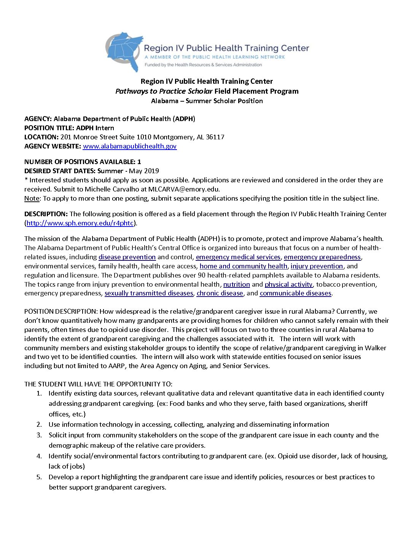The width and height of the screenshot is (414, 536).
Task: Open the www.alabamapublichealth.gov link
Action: pyautogui.click(x=129, y=146)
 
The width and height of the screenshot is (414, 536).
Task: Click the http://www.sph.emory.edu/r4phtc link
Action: pyautogui.click(x=80, y=223)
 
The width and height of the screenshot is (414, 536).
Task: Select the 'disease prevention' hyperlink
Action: pyautogui.click(x=127, y=257)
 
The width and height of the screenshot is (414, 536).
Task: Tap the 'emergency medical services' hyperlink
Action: pyautogui.click(x=238, y=257)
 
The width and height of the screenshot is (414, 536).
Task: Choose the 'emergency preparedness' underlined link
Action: pyautogui.click(x=322, y=257)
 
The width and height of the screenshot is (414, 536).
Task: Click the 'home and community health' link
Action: pyautogui.click(x=243, y=266)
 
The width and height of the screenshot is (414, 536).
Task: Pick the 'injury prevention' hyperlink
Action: pyautogui.click(x=317, y=266)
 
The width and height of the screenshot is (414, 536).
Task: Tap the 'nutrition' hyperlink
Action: pyautogui.click(x=236, y=284)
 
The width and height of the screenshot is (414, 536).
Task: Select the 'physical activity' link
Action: pyautogui.click(x=288, y=284)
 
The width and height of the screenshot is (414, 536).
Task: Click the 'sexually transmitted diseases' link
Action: pyautogui.click(x=149, y=293)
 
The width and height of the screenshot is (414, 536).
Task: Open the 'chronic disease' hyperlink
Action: pyautogui.click(x=220, y=293)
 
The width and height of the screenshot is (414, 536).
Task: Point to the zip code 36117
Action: pyautogui.click(x=215, y=137)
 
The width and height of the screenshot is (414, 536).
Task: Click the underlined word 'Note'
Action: pyautogui.click(x=32, y=198)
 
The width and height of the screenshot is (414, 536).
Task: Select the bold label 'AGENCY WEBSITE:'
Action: pyautogui.click(x=53, y=146)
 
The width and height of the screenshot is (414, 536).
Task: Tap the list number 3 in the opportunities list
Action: pyautogui.click(x=39, y=435)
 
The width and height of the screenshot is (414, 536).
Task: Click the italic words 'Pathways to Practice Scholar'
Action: pyautogui.click(x=164, y=91)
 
